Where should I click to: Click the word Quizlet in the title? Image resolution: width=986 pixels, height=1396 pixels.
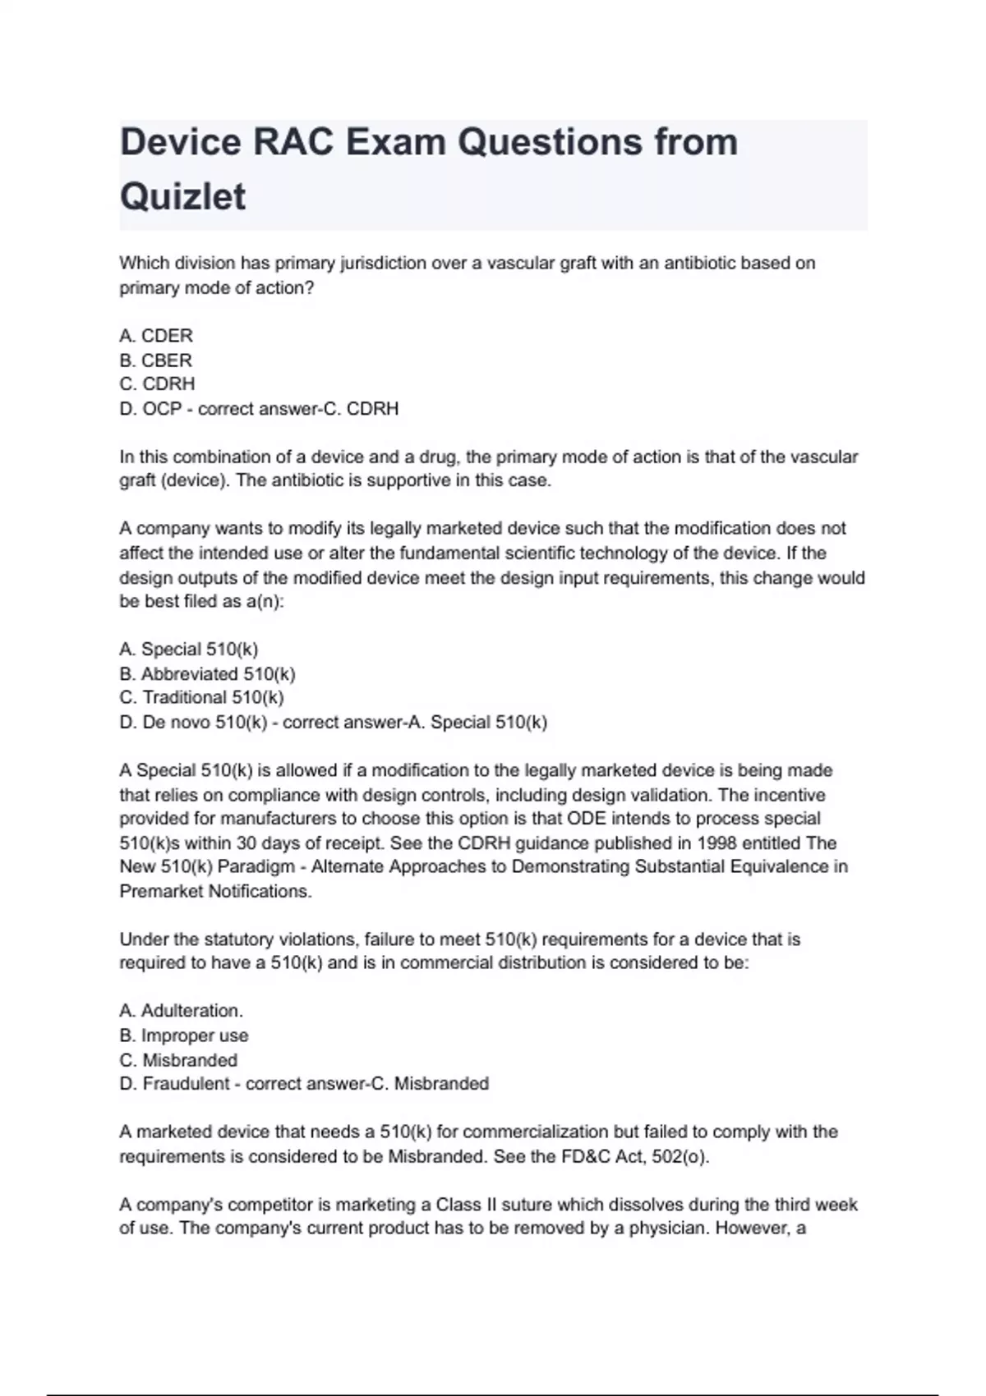[x=182, y=196]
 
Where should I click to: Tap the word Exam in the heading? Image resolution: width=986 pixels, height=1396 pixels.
[x=396, y=142]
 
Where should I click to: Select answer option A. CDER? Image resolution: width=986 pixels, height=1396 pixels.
[x=156, y=336]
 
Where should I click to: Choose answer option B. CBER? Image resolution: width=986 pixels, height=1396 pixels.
[x=155, y=360]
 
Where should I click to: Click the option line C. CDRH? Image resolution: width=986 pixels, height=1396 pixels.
[x=157, y=384]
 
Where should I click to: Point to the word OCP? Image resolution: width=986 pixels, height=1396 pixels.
[x=162, y=409]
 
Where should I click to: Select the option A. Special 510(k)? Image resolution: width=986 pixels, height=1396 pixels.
[x=188, y=650]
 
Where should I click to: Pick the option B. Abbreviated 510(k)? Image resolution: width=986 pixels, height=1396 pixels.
[x=207, y=674]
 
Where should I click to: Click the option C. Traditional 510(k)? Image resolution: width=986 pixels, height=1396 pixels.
[x=201, y=698]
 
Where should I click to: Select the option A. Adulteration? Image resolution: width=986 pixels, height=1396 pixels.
[x=181, y=1011]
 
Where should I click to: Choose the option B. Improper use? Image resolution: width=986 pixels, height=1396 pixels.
[x=183, y=1036]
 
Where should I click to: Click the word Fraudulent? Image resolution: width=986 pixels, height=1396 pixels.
[x=186, y=1084]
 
